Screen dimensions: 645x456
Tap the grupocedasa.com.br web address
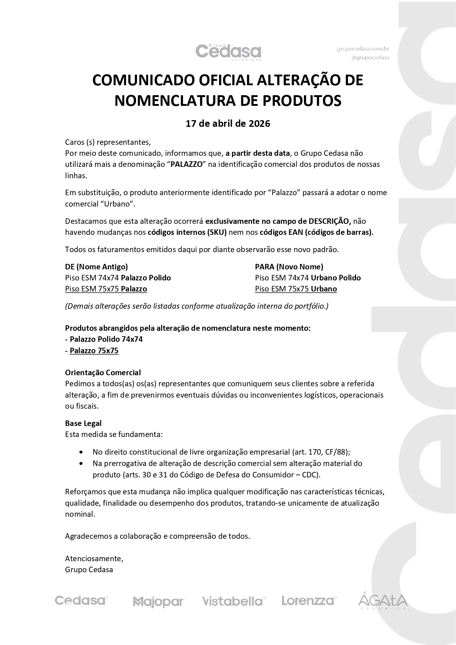click(363, 49)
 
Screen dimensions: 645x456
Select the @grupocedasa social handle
click(370, 58)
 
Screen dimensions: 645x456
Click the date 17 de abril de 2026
click(228, 123)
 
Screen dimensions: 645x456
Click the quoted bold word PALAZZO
click(187, 164)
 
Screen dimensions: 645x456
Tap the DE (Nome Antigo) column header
click(96, 267)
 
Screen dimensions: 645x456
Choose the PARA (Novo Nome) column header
click(289, 267)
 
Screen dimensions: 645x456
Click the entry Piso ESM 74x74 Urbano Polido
click(308, 278)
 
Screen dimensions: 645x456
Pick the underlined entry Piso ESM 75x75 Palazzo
click(106, 289)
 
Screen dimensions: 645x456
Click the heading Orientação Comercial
click(103, 373)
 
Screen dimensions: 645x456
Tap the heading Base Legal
click(83, 423)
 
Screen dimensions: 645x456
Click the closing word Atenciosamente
click(94, 559)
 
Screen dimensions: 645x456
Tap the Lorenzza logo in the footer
click(309, 601)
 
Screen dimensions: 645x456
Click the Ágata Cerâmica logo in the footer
click(383, 601)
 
